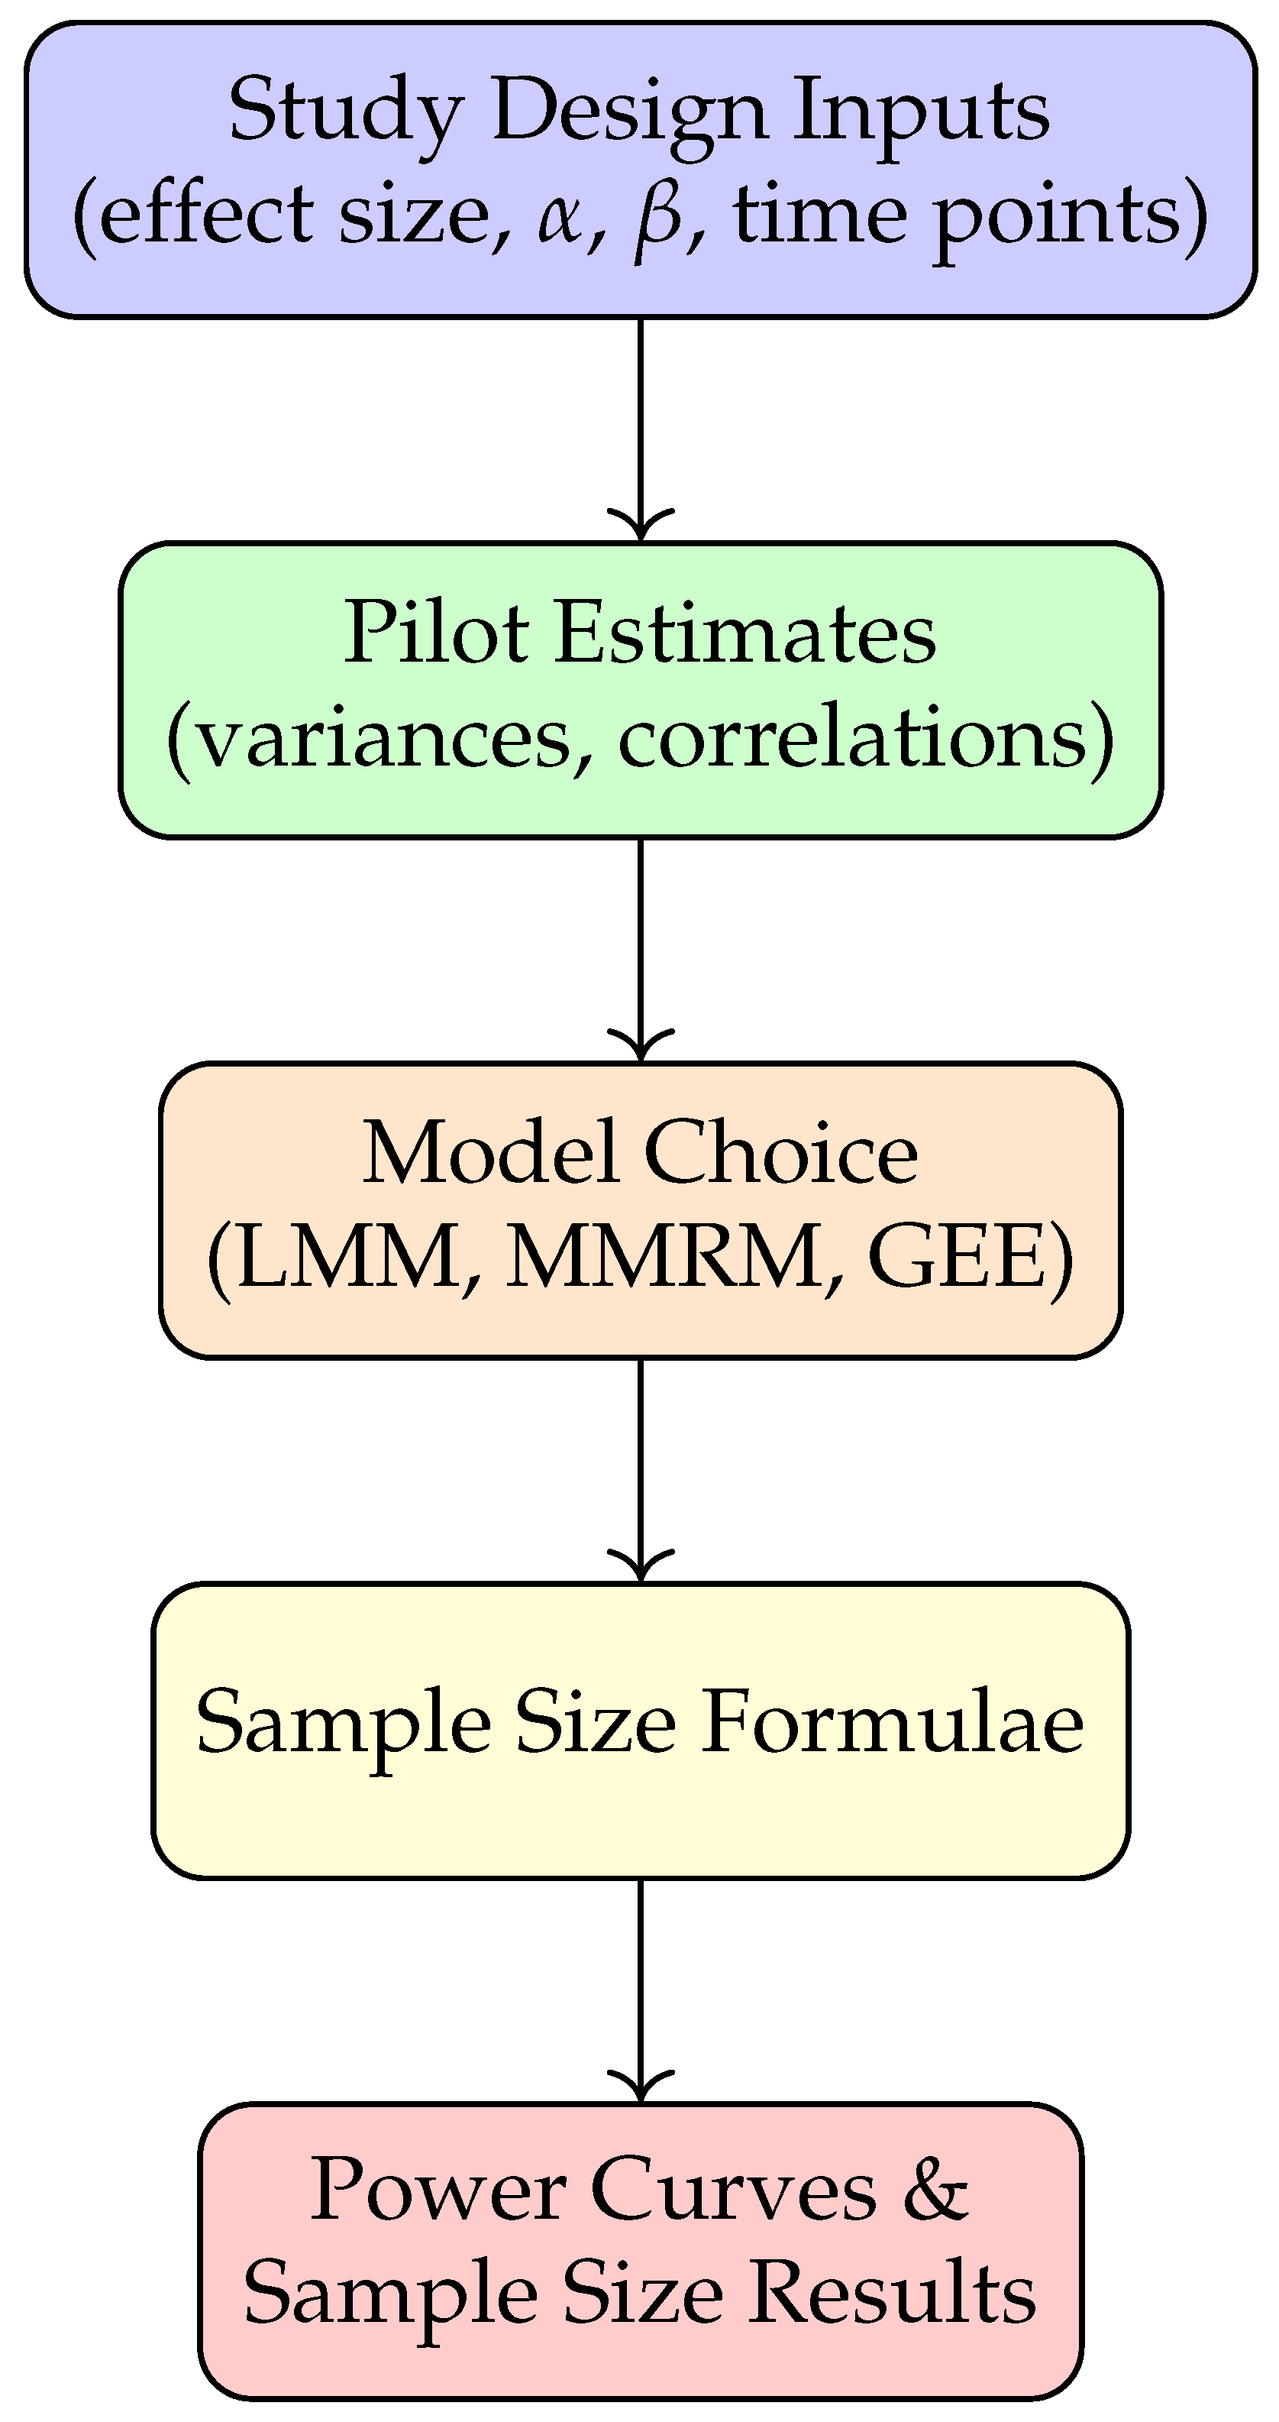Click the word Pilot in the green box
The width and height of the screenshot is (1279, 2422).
pos(436,633)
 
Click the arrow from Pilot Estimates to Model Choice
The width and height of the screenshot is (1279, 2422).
pos(641,950)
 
